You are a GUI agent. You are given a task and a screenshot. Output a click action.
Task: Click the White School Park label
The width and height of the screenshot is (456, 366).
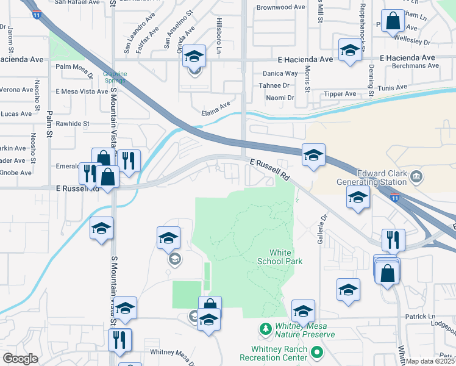pos(287,257)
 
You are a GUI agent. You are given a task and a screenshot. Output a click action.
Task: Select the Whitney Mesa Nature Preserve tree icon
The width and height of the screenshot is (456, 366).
pos(265,330)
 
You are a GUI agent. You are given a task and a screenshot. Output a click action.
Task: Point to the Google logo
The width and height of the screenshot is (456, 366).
pos(20,359)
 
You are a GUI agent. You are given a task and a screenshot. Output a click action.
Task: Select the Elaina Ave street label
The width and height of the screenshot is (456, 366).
pos(216,109)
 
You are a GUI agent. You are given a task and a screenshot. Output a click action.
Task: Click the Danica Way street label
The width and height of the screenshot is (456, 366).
pos(279,73)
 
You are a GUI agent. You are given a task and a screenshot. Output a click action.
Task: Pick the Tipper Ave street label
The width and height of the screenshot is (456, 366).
pos(340,94)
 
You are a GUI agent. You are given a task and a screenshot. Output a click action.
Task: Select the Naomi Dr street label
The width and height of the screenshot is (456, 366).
pos(280,98)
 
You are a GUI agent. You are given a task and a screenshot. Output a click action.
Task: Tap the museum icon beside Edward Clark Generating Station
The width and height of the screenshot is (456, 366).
pos(417,177)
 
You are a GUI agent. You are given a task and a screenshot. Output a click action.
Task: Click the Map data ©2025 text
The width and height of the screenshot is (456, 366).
pos(430,361)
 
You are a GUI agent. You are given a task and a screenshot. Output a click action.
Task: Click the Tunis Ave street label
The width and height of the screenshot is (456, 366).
pos(391,88)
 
